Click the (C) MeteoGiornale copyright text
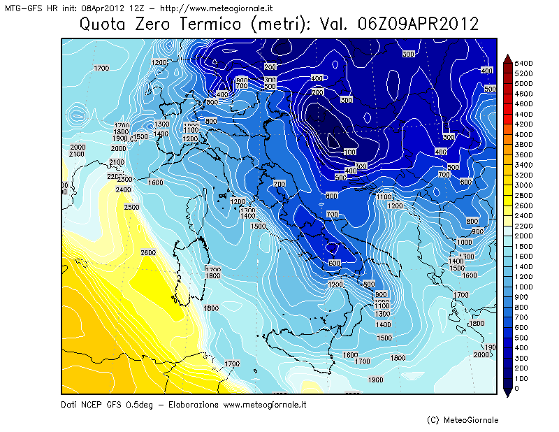click(463, 420)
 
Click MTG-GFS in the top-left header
click(21, 8)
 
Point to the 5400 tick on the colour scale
click(523, 63)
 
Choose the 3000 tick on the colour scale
click(523, 185)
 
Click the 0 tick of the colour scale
click(516, 388)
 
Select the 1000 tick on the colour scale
click(523, 287)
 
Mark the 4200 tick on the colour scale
click(523, 124)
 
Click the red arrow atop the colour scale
click(507, 59)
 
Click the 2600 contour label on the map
click(147, 253)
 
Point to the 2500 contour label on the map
click(131, 207)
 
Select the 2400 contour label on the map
click(123, 190)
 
